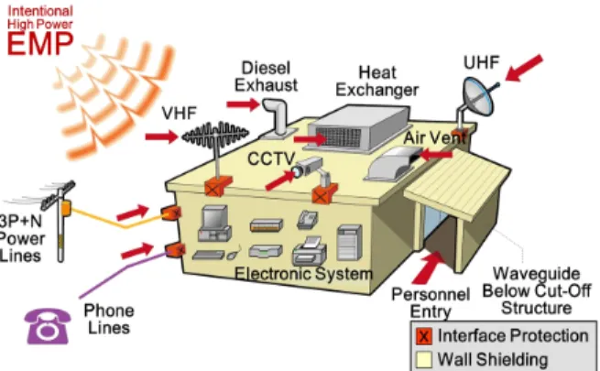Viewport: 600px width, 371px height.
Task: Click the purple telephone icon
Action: (x=48, y=326)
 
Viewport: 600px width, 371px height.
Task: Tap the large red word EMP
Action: (x=40, y=44)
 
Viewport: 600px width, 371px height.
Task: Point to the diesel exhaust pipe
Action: (x=277, y=117)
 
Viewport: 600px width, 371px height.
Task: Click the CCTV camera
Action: (x=309, y=169)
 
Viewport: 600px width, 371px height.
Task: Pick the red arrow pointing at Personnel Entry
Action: (x=429, y=267)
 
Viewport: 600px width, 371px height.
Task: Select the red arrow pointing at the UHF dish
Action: (x=524, y=68)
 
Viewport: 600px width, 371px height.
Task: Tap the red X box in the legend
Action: (x=423, y=336)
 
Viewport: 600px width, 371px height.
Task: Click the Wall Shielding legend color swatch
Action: (x=423, y=359)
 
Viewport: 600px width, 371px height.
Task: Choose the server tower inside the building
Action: (x=349, y=243)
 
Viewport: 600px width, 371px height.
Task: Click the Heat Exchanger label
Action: (x=377, y=82)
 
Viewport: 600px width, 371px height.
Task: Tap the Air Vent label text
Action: (x=435, y=137)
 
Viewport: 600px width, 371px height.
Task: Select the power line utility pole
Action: (x=60, y=223)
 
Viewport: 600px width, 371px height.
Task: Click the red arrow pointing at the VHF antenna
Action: (x=161, y=136)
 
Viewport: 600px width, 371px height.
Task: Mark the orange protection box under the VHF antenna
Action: (x=218, y=186)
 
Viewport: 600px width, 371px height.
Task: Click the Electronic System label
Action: (x=303, y=274)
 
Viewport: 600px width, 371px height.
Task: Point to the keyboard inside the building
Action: (x=208, y=255)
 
